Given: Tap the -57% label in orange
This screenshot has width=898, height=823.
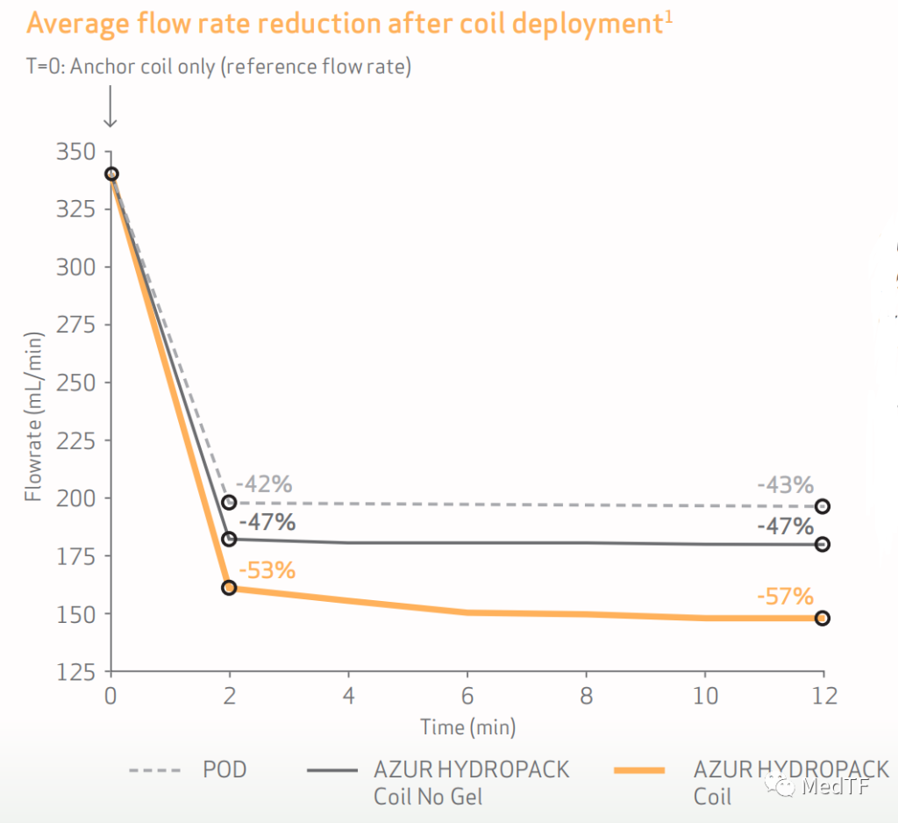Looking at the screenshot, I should (x=786, y=598).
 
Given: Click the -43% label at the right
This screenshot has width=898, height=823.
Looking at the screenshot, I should (x=786, y=484).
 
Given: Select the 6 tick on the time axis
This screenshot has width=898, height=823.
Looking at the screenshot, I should (x=467, y=697).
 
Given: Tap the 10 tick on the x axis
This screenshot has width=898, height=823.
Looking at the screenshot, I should (x=705, y=697).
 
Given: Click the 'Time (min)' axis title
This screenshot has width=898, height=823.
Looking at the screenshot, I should (x=467, y=726).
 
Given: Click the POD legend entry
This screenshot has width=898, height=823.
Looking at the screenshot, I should (x=224, y=770).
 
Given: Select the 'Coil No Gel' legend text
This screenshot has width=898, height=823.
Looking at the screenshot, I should (x=428, y=797).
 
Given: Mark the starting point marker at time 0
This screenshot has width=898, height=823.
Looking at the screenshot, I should (x=111, y=174).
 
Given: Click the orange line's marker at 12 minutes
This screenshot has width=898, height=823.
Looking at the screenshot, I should (x=823, y=618).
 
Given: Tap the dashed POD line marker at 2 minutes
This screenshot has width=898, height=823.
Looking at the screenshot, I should (x=230, y=503).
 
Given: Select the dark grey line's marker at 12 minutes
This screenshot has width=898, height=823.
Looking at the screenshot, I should (x=823, y=544).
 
